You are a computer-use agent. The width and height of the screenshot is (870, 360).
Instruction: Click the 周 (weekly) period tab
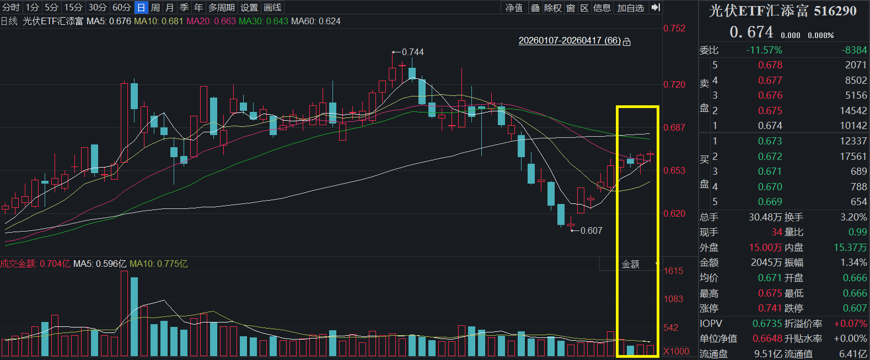click(x=155, y=7)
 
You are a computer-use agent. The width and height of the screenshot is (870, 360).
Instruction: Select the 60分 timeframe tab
click(x=121, y=7)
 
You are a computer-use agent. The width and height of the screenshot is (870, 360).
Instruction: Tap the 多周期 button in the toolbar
click(x=222, y=7)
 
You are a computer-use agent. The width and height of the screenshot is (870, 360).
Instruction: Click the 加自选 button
click(x=631, y=8)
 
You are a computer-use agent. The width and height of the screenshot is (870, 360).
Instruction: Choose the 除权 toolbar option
click(x=553, y=8)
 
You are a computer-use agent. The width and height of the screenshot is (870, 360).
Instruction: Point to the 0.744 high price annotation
click(x=412, y=52)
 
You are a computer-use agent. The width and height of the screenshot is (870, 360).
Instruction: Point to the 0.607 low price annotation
click(x=591, y=230)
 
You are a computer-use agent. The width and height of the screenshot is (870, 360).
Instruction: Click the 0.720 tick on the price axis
click(x=674, y=85)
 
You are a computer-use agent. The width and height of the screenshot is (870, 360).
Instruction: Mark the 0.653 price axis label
click(x=674, y=170)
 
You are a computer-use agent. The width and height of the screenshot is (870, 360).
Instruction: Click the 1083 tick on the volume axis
click(x=673, y=299)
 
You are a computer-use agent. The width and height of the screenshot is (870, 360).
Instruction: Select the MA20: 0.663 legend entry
click(x=211, y=21)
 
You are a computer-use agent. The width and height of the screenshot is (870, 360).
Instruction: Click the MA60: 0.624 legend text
click(x=316, y=21)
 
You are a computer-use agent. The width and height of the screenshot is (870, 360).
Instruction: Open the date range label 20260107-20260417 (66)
click(x=570, y=40)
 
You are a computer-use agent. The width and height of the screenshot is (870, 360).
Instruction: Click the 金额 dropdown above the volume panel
click(x=630, y=264)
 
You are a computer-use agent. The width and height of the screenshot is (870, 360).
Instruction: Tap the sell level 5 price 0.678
click(x=770, y=65)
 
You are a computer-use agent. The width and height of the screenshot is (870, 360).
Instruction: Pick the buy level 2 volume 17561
click(x=853, y=156)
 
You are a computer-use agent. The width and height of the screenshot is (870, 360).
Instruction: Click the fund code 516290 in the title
click(x=835, y=11)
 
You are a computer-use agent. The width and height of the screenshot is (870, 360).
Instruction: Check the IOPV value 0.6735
click(x=767, y=324)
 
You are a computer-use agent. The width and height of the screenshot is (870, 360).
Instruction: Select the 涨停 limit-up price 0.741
click(x=770, y=308)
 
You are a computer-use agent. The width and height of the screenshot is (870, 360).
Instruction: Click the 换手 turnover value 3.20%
click(x=853, y=217)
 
